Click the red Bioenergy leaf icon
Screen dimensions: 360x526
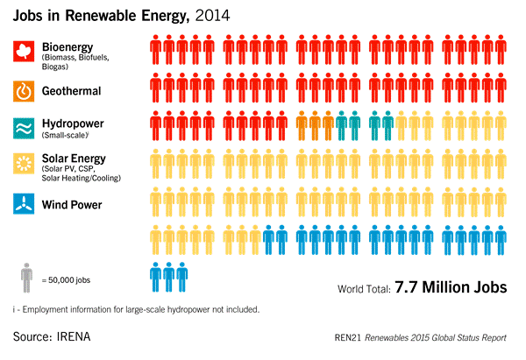pyautogui.click(x=23, y=51)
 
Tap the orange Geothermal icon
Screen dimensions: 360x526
pyautogui.click(x=23, y=89)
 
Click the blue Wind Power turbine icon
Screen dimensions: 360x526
pyautogui.click(x=23, y=205)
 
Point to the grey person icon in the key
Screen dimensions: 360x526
pyautogui.click(x=26, y=279)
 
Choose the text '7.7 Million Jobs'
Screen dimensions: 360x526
pyautogui.click(x=451, y=287)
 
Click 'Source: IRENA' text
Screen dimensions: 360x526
pyautogui.click(x=52, y=336)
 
